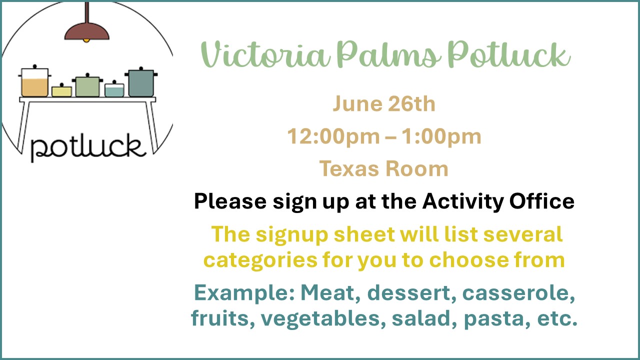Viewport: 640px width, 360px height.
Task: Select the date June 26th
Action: click(384, 103)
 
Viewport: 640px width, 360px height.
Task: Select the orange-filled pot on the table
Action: click(35, 81)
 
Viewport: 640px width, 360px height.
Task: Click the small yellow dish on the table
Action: click(61, 90)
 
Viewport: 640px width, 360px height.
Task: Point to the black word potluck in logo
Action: click(88, 147)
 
